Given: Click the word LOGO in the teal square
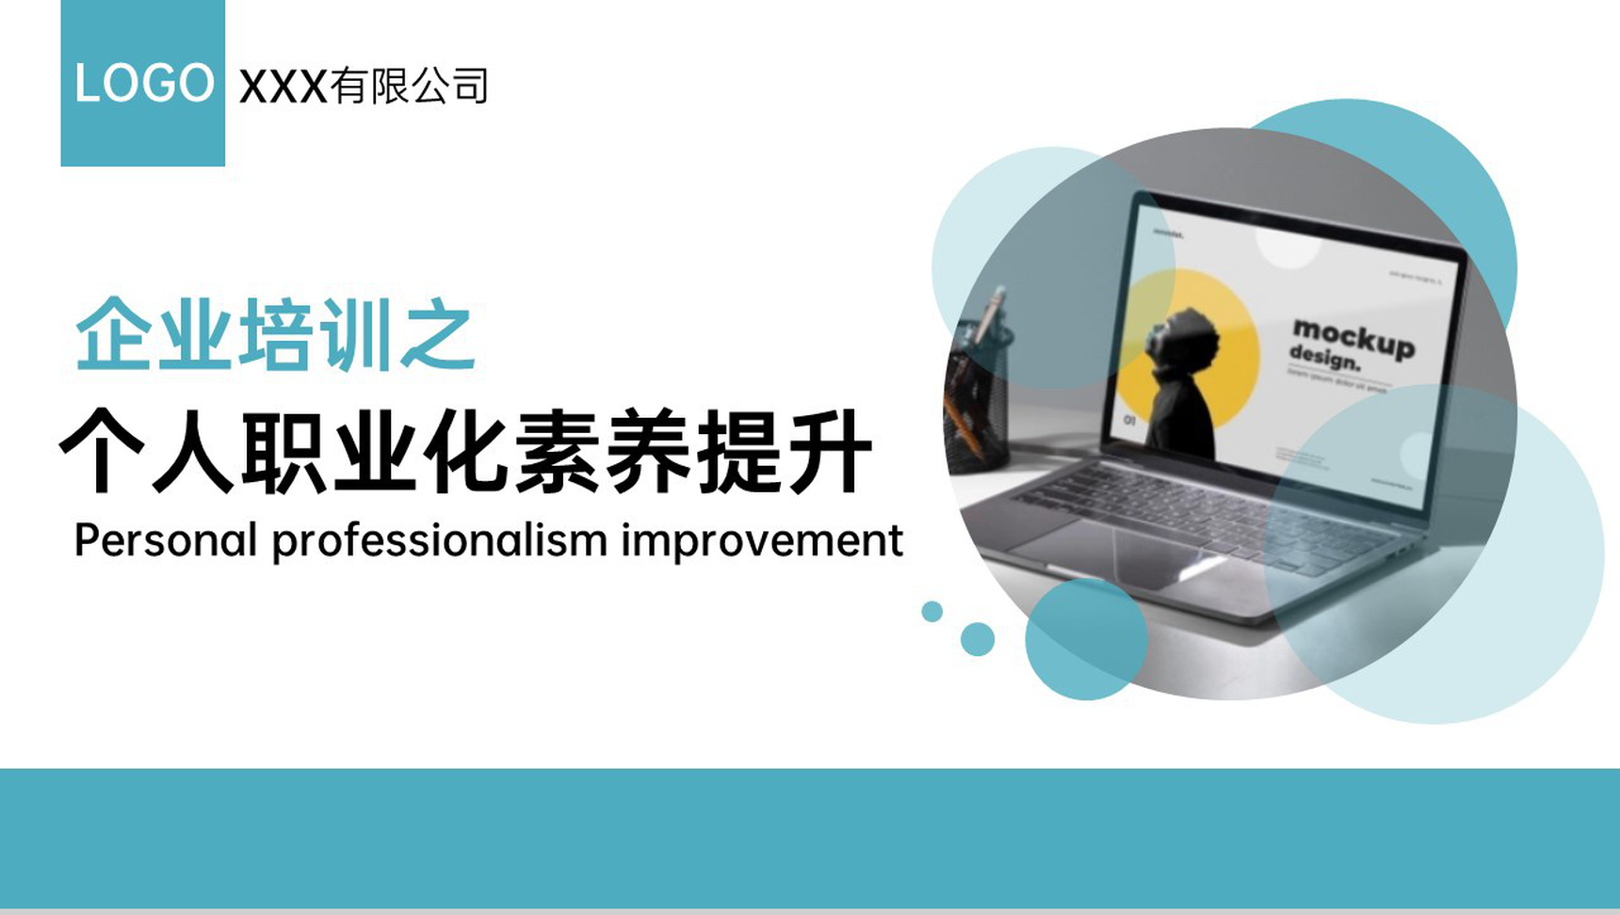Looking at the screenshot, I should [143, 83].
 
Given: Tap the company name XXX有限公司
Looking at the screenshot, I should [364, 87].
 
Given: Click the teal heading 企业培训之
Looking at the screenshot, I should [274, 335].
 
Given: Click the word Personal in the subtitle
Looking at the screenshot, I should [165, 540].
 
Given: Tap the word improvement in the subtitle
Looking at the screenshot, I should [761, 540].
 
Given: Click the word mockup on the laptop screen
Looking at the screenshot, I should [1353, 338].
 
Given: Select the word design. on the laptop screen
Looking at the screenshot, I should [1324, 359].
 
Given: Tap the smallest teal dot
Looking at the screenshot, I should [931, 611].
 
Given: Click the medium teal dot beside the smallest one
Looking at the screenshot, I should [978, 639].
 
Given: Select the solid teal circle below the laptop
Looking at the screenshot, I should [1085, 640].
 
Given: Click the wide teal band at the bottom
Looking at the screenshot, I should [810, 838].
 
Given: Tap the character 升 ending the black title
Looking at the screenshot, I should [830, 452].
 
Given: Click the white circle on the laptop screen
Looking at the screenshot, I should [1288, 247].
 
